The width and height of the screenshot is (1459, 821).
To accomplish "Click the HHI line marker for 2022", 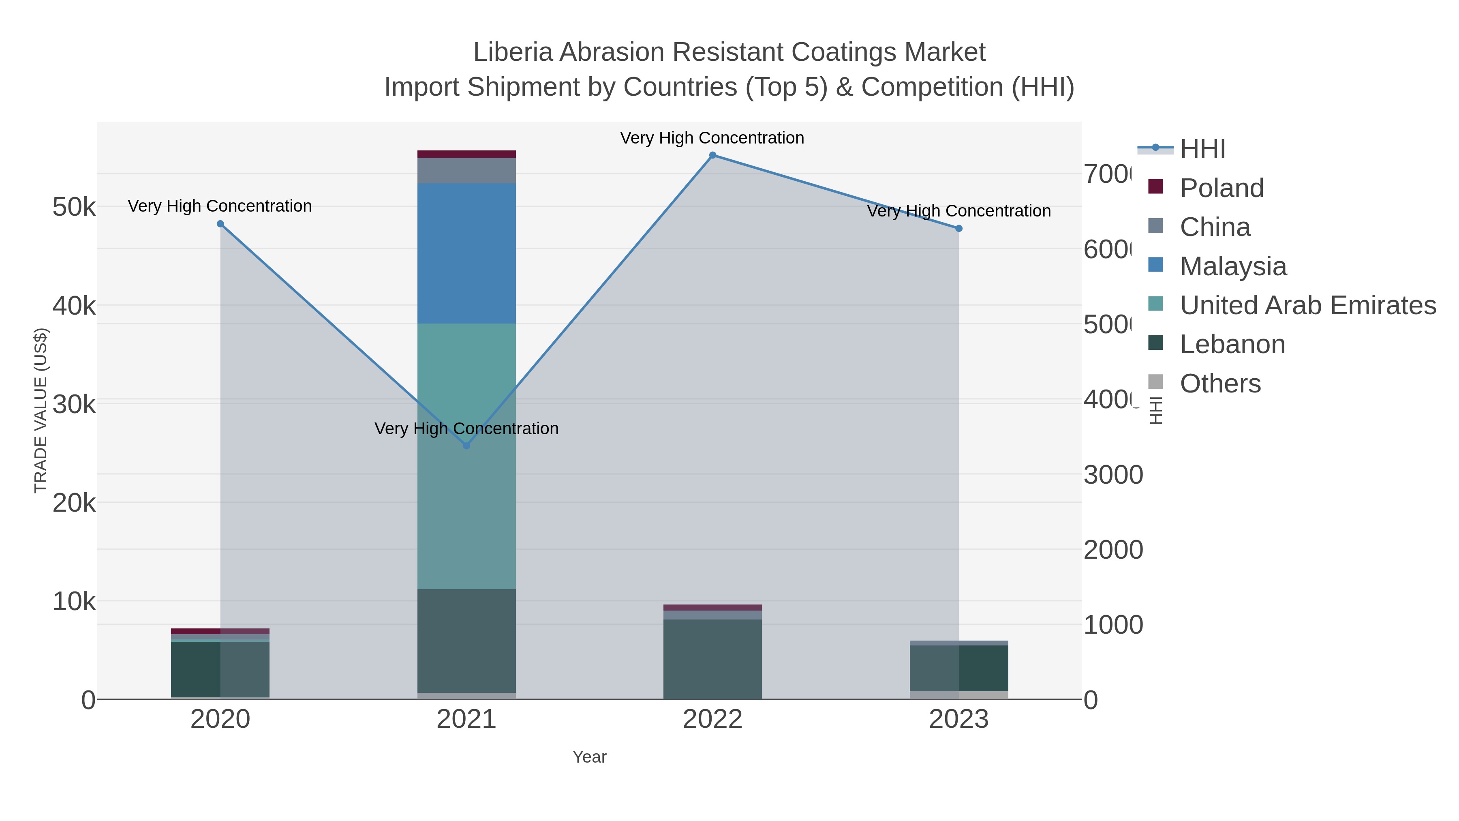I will coord(712,155).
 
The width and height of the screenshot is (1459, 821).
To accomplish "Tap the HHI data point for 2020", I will coord(220,224).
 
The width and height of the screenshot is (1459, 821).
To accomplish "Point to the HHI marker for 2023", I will coord(959,228).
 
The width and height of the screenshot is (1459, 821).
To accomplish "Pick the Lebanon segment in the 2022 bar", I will coord(712,658).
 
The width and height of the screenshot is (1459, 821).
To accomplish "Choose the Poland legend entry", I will coord(1221,188).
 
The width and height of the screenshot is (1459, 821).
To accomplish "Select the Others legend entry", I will coord(1220,384).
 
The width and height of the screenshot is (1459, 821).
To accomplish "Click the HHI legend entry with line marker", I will coord(1202,149).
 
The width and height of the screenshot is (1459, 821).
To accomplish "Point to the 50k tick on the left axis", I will coord(74,207).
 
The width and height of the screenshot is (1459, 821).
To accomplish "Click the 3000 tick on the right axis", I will coord(1113,475).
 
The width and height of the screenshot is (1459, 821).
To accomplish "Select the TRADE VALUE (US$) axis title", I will coord(41,410).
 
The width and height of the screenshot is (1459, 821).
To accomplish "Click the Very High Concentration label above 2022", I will coord(712,138).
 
